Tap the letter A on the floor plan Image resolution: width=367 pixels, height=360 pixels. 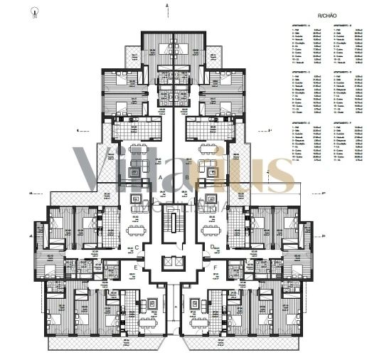pyautogui.click(x=161, y=176)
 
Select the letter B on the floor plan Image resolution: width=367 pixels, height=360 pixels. pyautogui.click(x=187, y=176)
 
